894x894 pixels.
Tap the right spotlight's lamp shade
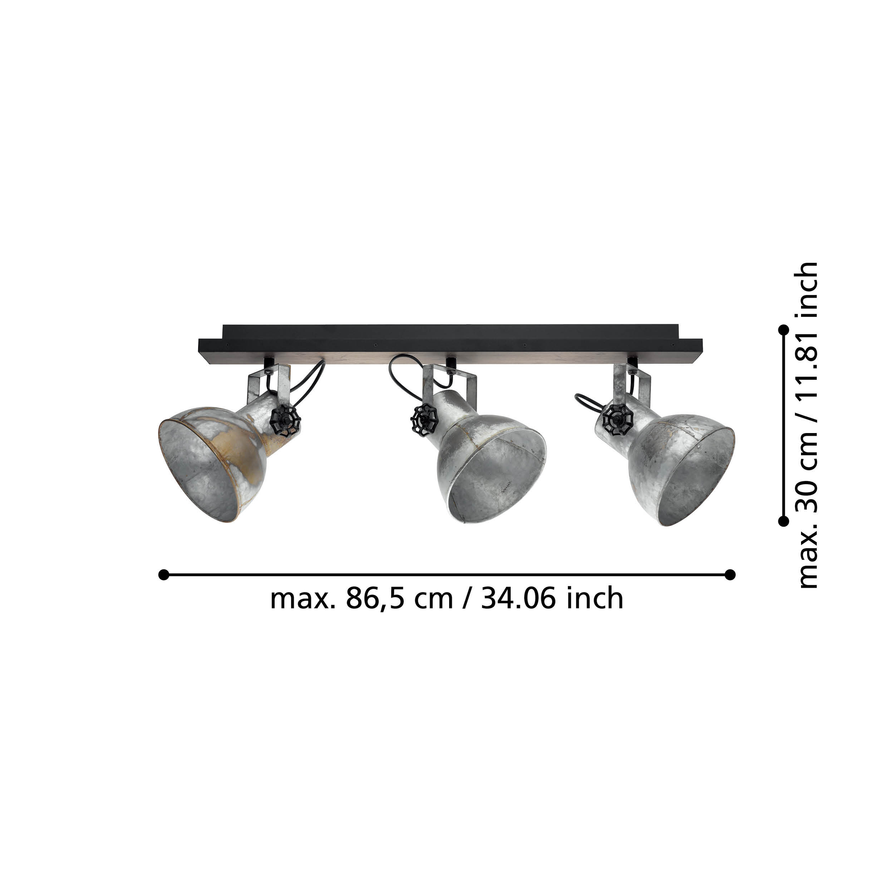(676, 468)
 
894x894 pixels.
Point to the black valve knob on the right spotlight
(617, 417)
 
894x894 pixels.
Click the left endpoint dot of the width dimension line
(163, 575)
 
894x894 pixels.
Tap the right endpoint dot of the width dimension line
(730, 575)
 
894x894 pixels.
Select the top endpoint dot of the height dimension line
(784, 330)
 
